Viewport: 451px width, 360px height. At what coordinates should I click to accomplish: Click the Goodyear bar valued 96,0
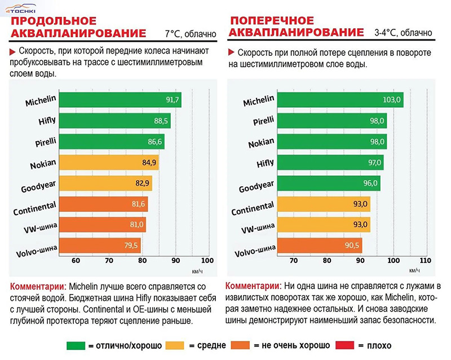click(x=328, y=183)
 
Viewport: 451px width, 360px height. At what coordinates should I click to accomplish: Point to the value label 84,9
click(x=151, y=163)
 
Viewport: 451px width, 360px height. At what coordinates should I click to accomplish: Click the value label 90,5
click(x=352, y=245)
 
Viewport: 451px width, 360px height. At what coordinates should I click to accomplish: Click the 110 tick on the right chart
click(x=425, y=261)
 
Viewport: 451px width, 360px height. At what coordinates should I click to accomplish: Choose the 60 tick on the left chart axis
click(x=76, y=261)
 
